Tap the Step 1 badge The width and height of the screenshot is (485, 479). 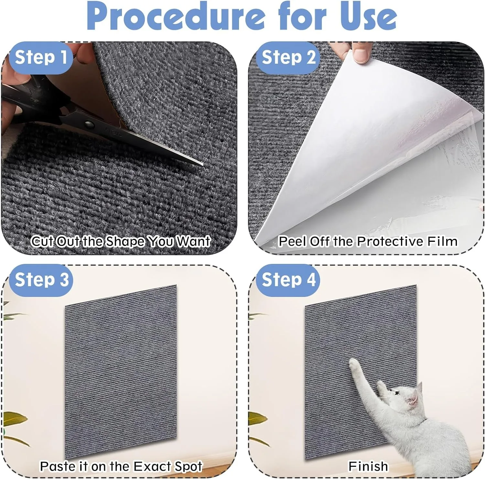(x=41, y=58)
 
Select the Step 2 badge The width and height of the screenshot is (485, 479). (x=288, y=58)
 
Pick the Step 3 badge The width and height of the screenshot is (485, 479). (x=41, y=280)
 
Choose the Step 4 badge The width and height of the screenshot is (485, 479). (x=288, y=280)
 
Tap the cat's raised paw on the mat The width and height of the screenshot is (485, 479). (x=354, y=364)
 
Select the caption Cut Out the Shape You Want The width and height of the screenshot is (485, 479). (x=121, y=241)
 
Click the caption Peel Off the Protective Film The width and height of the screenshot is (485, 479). (x=368, y=241)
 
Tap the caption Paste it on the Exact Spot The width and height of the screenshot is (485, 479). (x=121, y=466)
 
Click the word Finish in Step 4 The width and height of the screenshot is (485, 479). (x=368, y=466)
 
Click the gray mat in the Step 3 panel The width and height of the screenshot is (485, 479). (x=121, y=372)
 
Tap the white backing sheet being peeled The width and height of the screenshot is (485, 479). (x=339, y=146)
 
